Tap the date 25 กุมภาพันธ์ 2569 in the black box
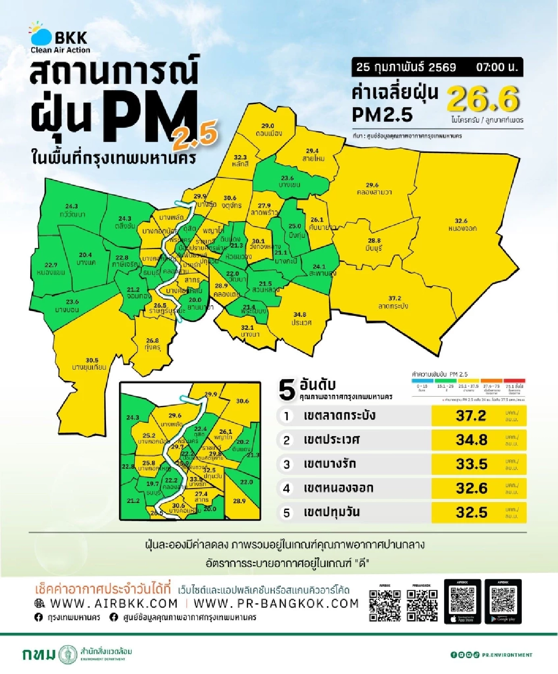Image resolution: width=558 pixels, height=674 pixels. point(406,67)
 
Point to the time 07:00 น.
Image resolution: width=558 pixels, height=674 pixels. point(496,67)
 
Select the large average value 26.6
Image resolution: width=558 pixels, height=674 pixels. point(483,99)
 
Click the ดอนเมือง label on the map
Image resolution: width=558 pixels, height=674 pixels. point(268,133)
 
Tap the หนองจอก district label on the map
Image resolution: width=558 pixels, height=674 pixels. point(462,228)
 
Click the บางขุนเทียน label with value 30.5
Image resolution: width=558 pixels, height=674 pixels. point(89,367)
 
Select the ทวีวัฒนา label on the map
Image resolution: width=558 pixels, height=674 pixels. point(73,215)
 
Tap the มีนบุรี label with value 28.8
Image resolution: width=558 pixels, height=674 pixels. point(374,248)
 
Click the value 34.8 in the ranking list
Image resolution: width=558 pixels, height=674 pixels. point(472,440)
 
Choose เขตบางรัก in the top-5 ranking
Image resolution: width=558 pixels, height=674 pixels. point(330,464)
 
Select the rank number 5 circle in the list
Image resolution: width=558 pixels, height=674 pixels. point(286,513)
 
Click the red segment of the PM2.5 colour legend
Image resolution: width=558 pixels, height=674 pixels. point(514,381)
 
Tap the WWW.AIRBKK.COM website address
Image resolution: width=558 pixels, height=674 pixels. point(113,603)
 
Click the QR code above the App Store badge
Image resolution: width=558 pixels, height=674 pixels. point(462,600)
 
